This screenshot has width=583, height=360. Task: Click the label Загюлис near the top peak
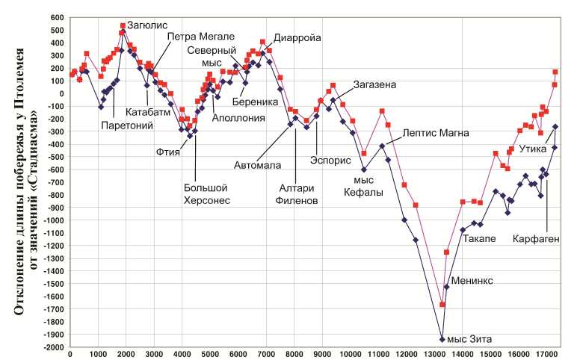pyautogui.click(x=146, y=25)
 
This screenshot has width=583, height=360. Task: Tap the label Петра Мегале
pyautogui.click(x=201, y=36)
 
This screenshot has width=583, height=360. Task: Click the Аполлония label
pyautogui.click(x=237, y=117)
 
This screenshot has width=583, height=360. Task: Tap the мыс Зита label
pyautogui.click(x=474, y=340)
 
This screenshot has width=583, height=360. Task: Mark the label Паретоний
pyautogui.click(x=127, y=125)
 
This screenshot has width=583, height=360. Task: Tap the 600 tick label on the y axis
pyautogui.click(x=57, y=17)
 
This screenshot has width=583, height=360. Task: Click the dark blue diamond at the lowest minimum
pyautogui.click(x=442, y=339)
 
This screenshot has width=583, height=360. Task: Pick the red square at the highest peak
pyautogui.click(x=123, y=25)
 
